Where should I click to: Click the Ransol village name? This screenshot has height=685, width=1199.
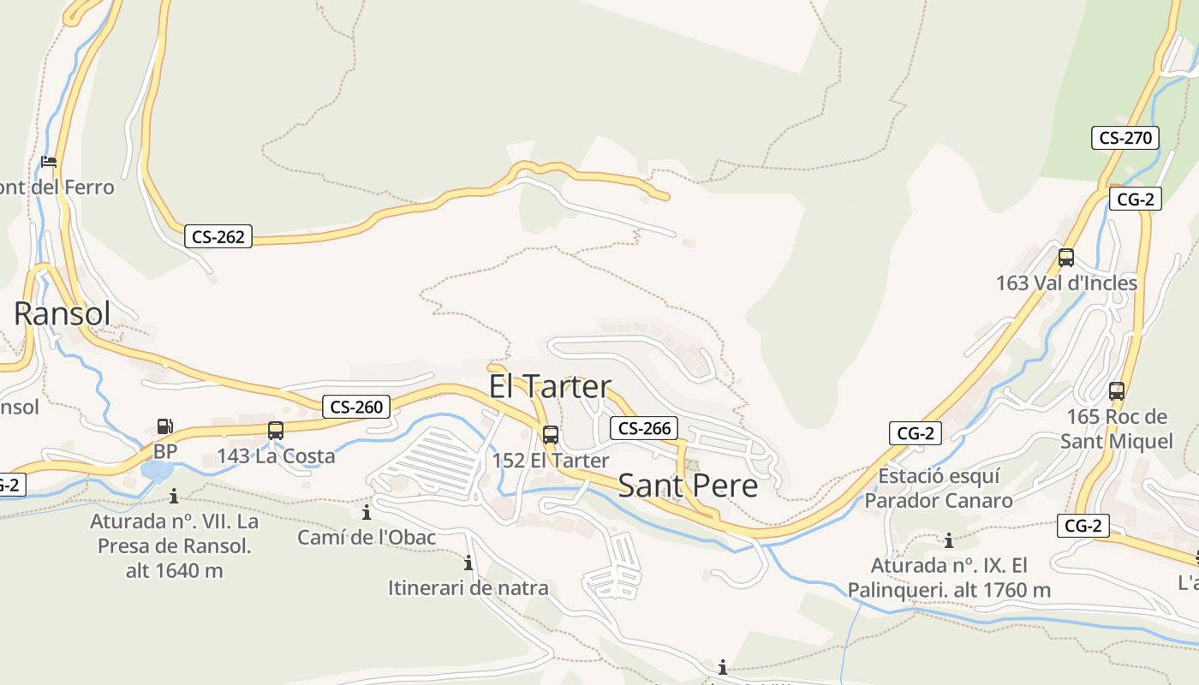[63, 314]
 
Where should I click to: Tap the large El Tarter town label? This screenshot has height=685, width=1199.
[550, 386]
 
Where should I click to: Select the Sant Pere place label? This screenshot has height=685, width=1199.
[688, 485]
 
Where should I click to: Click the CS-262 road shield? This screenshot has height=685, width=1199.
[218, 236]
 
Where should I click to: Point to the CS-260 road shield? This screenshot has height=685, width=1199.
[356, 407]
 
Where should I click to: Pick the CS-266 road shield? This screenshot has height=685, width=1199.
[644, 428]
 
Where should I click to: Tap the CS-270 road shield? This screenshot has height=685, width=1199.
[1125, 137]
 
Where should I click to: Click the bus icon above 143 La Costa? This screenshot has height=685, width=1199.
[276, 431]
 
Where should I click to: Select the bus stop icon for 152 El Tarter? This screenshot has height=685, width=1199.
[551, 434]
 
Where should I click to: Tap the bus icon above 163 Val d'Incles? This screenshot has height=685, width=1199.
[1066, 257]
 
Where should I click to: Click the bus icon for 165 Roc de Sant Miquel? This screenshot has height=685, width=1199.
[1117, 391]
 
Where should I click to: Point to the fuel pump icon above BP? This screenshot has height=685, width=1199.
[164, 426]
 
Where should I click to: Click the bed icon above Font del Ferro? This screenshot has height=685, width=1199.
[50, 161]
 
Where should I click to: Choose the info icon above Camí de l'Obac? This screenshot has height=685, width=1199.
[367, 513]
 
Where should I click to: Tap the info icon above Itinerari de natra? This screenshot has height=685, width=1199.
[468, 563]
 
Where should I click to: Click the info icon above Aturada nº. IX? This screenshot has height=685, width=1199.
[948, 540]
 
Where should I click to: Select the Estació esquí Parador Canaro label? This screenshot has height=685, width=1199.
[939, 488]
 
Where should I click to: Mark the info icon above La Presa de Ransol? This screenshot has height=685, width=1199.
[174, 496]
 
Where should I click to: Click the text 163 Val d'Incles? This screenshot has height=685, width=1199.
[1066, 283]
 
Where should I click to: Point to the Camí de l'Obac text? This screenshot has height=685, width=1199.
[367, 538]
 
